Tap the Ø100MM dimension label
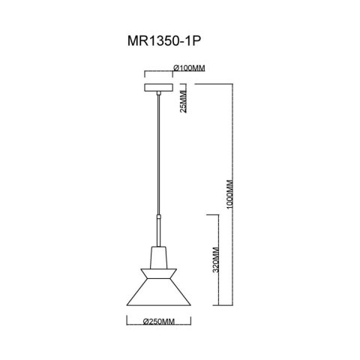tap(189, 68)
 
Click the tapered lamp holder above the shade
tap(159, 255)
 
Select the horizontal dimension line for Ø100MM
tap(159, 73)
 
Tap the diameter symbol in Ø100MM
tap(175, 68)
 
